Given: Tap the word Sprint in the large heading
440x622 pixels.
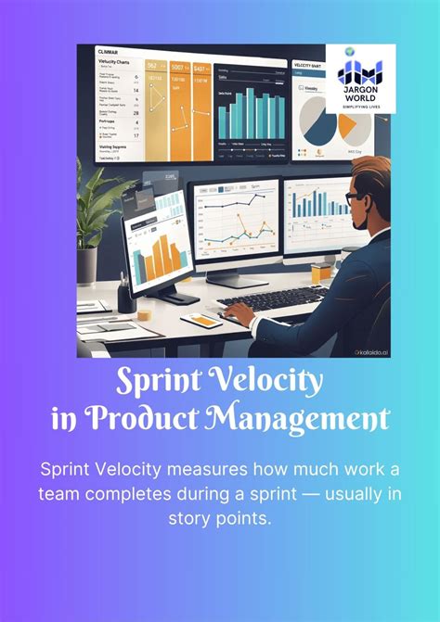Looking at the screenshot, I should tap(157, 380).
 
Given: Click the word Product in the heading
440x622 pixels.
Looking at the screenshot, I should tap(148, 418).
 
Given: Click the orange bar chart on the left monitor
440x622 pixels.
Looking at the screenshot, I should tap(159, 249).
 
